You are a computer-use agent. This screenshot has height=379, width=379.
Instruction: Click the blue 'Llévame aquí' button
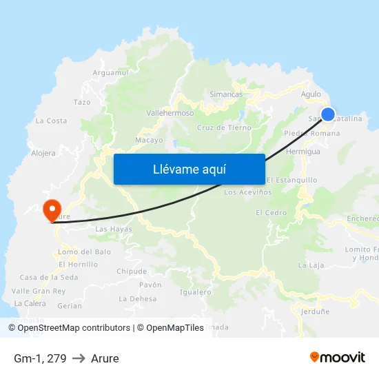[189, 169]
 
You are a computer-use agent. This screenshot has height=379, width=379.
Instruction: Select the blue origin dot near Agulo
[328, 114]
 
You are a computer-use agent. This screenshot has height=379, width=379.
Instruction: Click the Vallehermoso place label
[170, 113]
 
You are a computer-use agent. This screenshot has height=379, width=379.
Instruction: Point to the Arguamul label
[111, 72]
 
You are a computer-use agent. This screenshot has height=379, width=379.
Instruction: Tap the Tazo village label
[82, 102]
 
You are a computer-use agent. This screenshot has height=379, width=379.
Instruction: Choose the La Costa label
[52, 121]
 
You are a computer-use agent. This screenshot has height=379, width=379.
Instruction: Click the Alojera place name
[43, 154]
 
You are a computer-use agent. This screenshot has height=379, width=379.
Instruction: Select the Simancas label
[226, 94]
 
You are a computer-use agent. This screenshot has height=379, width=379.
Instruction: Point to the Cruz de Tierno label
[224, 127]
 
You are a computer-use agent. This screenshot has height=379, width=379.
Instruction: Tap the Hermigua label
[303, 151]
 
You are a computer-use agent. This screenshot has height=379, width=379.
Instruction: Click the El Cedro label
[271, 213]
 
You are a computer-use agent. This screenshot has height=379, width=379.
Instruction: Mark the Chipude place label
[132, 272]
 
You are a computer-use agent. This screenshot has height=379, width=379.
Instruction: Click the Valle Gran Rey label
[39, 291]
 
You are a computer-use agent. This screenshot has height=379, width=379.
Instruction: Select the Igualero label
[195, 292]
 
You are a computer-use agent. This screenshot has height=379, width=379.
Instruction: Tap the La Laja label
[311, 265]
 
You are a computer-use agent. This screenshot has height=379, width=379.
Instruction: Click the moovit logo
[337, 358]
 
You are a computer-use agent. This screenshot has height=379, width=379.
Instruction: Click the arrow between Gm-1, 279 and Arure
[79, 358]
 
